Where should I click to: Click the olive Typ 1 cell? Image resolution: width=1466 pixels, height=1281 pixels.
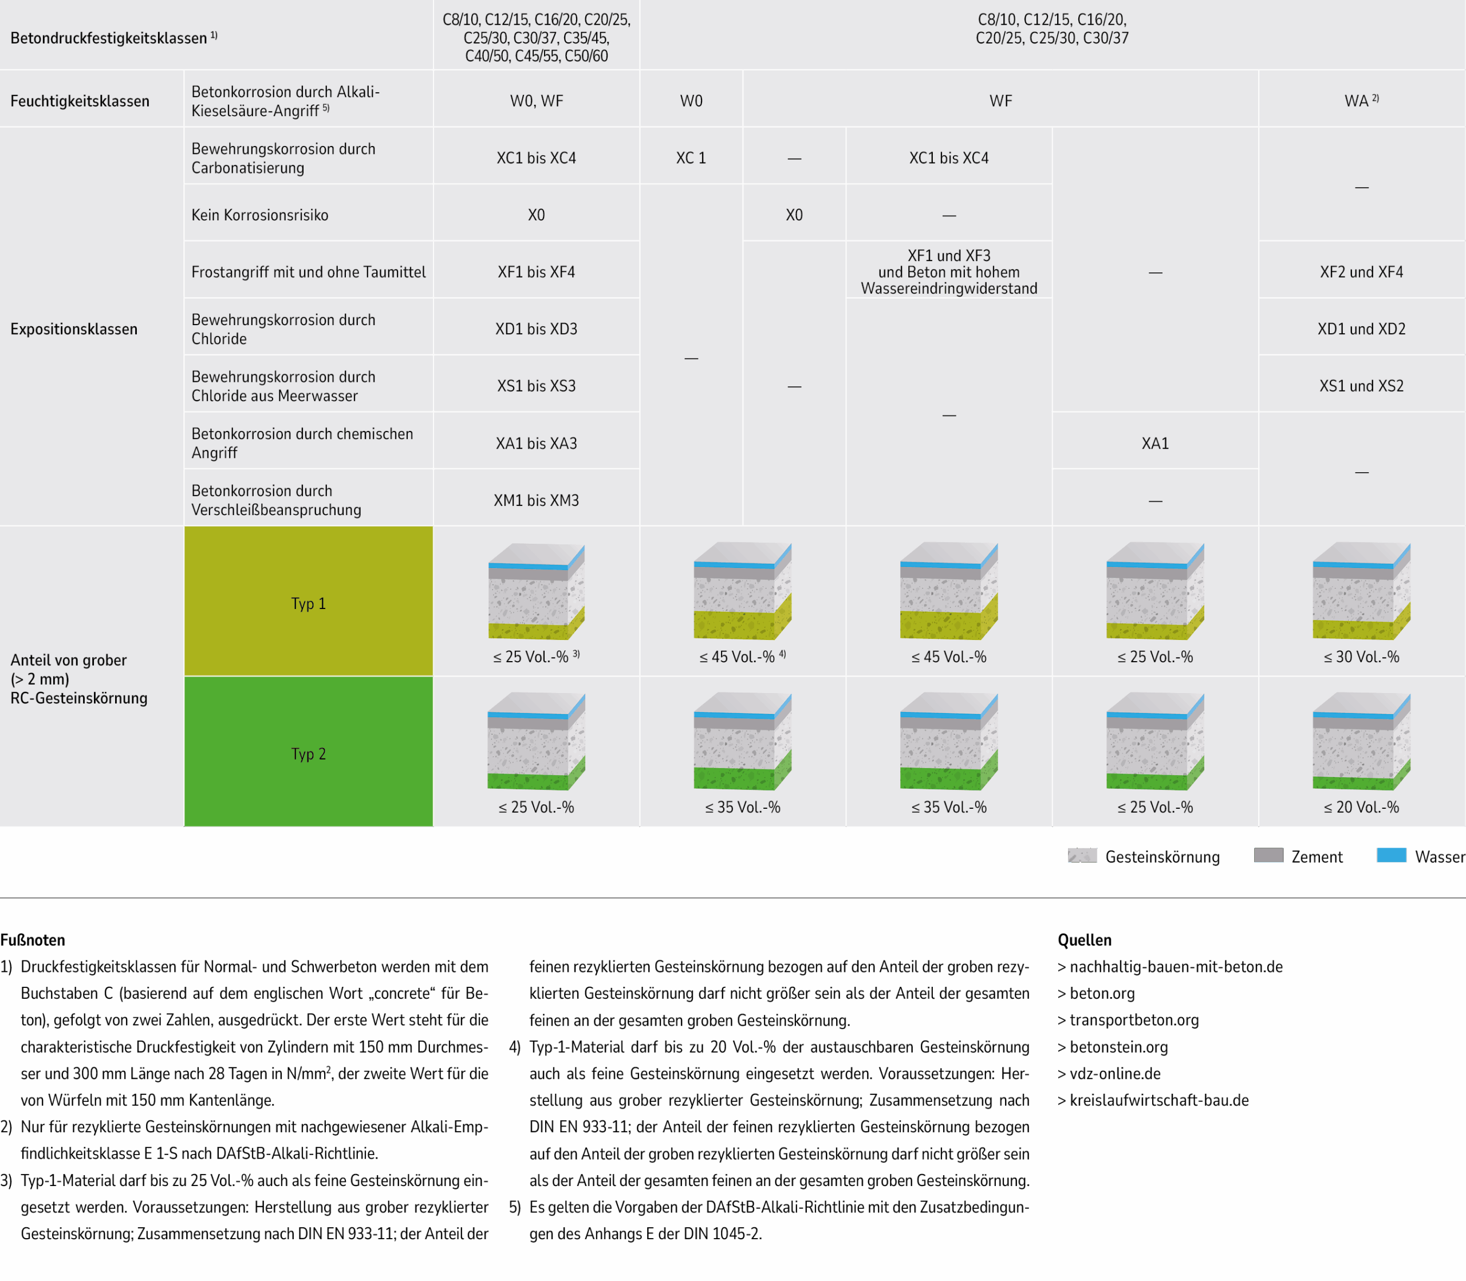(308, 603)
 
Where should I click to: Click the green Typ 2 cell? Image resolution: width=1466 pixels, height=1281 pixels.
(308, 753)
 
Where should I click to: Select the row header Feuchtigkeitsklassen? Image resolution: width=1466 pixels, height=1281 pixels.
(80, 101)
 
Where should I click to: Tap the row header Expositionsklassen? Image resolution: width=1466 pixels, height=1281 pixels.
(74, 329)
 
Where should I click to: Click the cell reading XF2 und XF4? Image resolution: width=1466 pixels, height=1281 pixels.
(1361, 272)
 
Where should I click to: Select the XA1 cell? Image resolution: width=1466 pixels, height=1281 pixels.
(1155, 443)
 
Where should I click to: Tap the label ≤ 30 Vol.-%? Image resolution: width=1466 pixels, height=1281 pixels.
(1361, 657)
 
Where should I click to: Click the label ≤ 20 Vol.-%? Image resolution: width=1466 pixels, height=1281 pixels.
(1361, 807)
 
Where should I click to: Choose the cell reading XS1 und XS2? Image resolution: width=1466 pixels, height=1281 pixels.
(1361, 386)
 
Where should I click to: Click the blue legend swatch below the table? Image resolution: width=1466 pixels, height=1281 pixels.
(1391, 855)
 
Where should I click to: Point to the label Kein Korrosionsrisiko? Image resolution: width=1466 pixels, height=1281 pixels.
(259, 215)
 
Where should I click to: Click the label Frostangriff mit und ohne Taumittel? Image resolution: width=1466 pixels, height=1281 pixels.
(308, 272)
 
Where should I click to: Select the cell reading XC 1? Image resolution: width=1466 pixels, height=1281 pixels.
(691, 158)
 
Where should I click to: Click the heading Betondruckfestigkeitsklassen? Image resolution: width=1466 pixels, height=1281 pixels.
(109, 38)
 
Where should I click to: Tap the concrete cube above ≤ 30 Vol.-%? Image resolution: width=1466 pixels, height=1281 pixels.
(1361, 591)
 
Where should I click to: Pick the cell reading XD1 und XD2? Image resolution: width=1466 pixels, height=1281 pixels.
(1361, 329)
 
